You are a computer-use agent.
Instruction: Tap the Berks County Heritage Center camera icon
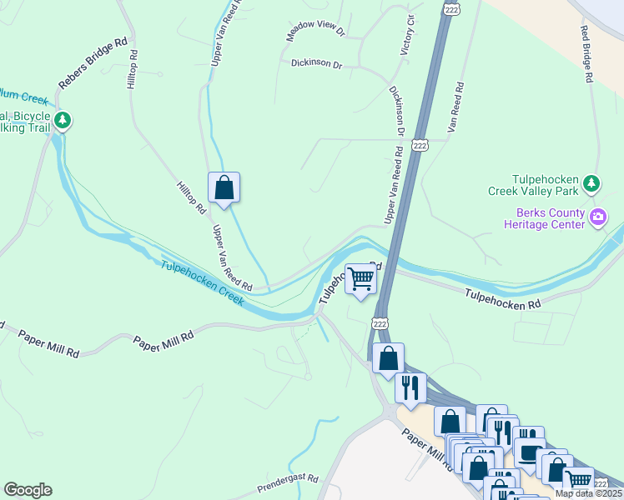[597, 218]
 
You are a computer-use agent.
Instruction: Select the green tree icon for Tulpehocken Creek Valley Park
[591, 182]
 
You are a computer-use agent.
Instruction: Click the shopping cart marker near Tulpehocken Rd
[361, 278]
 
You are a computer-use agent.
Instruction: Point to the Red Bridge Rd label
[586, 53]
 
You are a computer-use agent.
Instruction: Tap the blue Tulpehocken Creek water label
[203, 282]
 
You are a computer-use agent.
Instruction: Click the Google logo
[28, 490]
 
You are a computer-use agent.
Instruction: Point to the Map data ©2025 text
[588, 493]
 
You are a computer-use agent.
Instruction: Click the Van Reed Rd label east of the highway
[455, 107]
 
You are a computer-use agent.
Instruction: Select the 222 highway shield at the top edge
[451, 8]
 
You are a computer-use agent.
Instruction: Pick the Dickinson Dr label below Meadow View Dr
[316, 63]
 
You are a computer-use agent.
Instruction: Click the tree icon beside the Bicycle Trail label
[62, 121]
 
